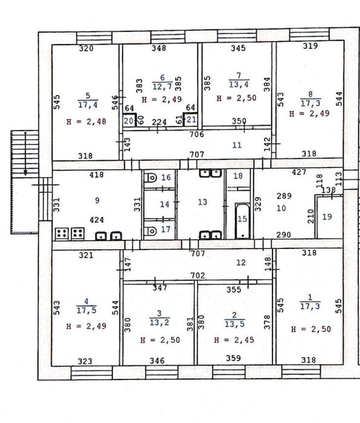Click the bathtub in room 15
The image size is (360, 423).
pyautogui.click(x=242, y=221)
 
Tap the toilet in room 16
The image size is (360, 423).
pyautogui.click(x=150, y=178)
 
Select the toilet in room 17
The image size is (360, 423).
pyautogui.click(x=150, y=231)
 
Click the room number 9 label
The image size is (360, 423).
pyautogui.click(x=97, y=201)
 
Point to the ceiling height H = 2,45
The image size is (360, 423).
pyautogui.click(x=234, y=340)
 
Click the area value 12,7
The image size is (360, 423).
pyautogui.click(x=162, y=87)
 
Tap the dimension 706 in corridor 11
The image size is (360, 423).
pyautogui.click(x=196, y=134)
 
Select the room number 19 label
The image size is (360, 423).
pyautogui.click(x=327, y=216)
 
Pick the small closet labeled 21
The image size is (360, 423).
pyautogui.click(x=190, y=119)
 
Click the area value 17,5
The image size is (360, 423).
pyautogui.click(x=86, y=310)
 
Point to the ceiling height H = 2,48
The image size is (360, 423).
pyautogui.click(x=86, y=121)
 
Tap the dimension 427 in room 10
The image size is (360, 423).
pyautogui.click(x=299, y=172)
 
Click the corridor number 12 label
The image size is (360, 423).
pyautogui.click(x=241, y=262)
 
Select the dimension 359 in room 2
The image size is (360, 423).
pyautogui.click(x=233, y=358)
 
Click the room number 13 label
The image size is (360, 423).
pyautogui.click(x=202, y=202)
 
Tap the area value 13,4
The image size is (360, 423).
pyautogui.click(x=239, y=85)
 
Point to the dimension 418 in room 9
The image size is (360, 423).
pyautogui.click(x=96, y=175)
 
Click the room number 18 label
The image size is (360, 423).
pyautogui.click(x=238, y=176)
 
